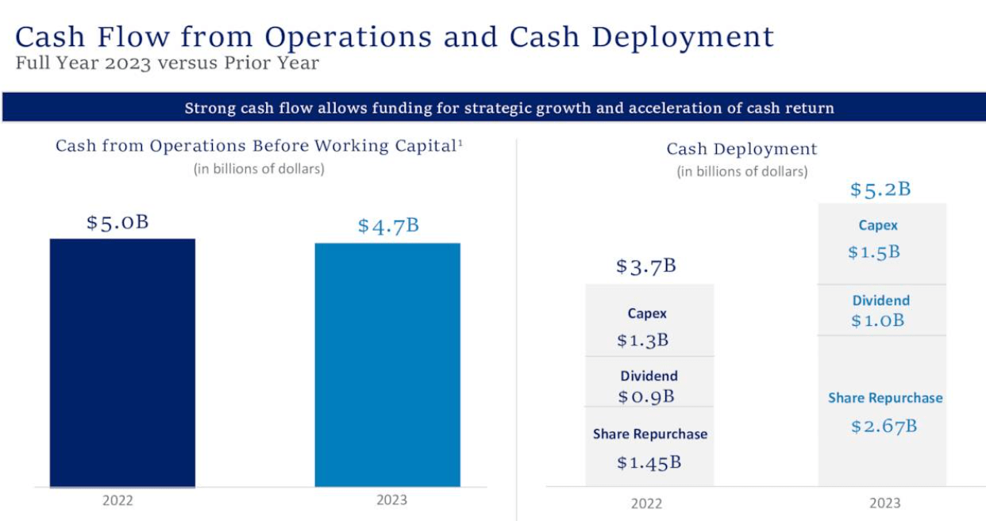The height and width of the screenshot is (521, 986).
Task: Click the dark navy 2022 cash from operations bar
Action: click(122, 362)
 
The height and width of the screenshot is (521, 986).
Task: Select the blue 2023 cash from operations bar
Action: click(387, 365)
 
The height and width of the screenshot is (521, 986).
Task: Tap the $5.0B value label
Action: click(117, 222)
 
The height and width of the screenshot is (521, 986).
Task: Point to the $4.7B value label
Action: click(388, 226)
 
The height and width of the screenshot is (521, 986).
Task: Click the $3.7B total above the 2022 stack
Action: click(646, 266)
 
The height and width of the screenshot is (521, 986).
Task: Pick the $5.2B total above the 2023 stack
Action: click(880, 190)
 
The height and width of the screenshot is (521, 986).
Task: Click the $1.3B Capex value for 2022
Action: click(643, 340)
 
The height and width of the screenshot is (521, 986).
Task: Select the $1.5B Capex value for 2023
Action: click(874, 252)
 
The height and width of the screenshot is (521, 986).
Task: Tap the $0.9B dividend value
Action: click(646, 396)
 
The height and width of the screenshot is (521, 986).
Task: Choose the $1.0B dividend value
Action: click(878, 320)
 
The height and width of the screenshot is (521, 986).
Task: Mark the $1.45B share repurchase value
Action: click(649, 462)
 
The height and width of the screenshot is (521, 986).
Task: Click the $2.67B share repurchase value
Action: click(884, 426)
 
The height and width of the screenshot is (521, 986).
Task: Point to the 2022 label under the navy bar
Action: click(117, 500)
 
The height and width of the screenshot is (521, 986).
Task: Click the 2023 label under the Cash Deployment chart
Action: click(884, 503)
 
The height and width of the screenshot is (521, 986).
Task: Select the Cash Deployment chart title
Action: click(741, 149)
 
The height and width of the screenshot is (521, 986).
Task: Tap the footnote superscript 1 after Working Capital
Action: click(460, 142)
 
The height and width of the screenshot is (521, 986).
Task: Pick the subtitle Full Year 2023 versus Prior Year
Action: click(168, 63)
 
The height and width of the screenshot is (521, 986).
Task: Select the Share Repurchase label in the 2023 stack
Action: click(885, 398)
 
